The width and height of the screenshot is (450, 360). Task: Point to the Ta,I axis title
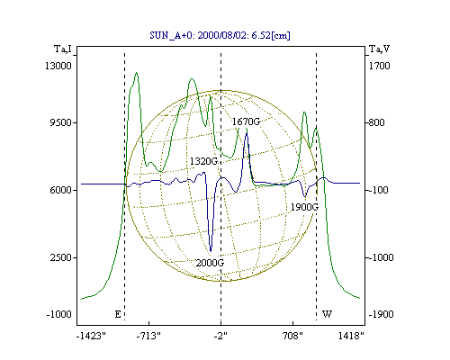(63, 49)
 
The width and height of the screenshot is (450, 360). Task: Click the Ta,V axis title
(380, 49)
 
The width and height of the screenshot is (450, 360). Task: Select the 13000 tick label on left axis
(58, 66)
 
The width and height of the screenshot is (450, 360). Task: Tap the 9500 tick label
(60, 122)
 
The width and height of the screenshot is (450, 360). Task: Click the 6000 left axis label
(60, 190)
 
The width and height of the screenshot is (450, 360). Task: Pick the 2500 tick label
(60, 257)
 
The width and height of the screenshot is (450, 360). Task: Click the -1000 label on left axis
(58, 314)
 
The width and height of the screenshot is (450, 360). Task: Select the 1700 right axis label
(380, 66)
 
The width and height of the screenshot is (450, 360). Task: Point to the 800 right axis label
(376, 122)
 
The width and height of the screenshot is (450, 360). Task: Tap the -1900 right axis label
(381, 314)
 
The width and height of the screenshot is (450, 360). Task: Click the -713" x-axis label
(148, 336)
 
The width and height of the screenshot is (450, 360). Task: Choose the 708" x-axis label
(292, 336)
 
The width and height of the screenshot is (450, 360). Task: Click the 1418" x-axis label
(351, 336)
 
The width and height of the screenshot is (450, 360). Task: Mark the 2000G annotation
(210, 263)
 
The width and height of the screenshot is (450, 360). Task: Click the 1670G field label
(246, 121)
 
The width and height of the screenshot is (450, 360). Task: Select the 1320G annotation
(203, 161)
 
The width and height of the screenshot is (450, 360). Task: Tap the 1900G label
(304, 207)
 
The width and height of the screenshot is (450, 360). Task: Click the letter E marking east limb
(118, 314)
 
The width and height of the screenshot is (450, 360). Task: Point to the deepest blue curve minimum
(211, 251)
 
